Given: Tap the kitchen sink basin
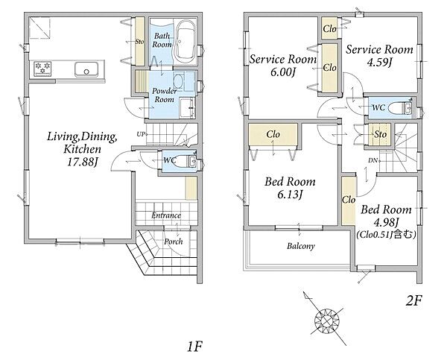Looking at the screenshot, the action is tap(86, 69).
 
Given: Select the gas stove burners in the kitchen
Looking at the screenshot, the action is tap(42, 69).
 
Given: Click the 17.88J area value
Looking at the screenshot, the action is tap(83, 162).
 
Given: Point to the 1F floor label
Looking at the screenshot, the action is tap(194, 347).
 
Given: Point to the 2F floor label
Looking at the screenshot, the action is tap(413, 300).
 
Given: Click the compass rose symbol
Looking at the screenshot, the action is tap(327, 321).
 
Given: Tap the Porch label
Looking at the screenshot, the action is tap(174, 241).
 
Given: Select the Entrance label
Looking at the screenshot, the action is tap(166, 215).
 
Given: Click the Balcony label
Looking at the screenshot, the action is tap(301, 246).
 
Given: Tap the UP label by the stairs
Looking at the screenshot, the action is tap(141, 134).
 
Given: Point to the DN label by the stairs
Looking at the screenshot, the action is tap(373, 160).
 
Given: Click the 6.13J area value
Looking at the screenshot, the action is tap(290, 195).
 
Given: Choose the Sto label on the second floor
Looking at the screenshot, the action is tap(380, 134).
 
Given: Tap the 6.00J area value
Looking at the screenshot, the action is tap(282, 72).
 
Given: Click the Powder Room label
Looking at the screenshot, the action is tap(165, 95).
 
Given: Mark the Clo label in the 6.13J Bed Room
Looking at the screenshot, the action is tap(273, 134).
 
